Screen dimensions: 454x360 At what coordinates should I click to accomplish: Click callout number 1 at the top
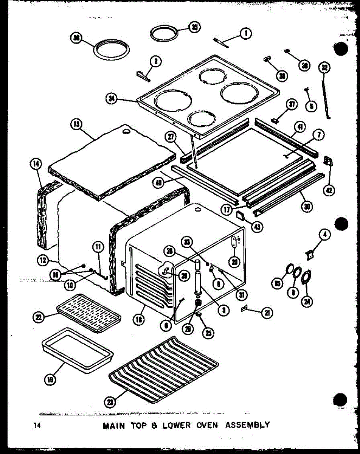(246, 34)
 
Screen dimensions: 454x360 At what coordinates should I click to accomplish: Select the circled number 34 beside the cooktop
(112, 100)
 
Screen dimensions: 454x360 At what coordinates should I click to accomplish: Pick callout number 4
(324, 236)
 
